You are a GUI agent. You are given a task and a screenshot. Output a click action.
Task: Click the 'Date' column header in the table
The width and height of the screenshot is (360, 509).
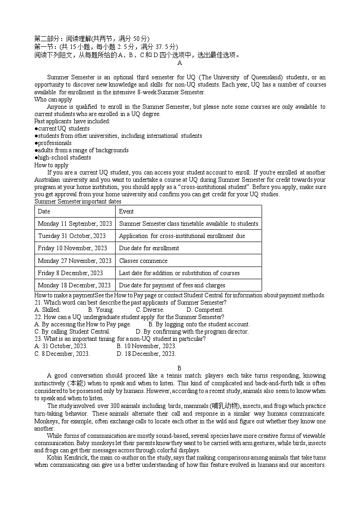click(44, 212)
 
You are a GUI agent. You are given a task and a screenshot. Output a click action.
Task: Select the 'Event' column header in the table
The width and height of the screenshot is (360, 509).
click(126, 212)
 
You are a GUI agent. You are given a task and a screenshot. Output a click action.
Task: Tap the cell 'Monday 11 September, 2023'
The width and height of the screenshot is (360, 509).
click(74, 223)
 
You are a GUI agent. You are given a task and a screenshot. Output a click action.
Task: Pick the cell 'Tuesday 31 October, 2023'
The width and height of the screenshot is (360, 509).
click(72, 236)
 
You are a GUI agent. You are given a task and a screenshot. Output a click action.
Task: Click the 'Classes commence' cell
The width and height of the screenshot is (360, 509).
click(143, 261)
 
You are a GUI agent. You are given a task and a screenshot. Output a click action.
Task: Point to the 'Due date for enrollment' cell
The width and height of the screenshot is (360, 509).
click(149, 248)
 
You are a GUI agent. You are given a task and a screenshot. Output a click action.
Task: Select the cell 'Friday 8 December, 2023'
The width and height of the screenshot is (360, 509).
click(70, 273)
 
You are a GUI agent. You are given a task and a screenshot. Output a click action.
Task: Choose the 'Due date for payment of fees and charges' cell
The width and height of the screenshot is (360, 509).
click(172, 285)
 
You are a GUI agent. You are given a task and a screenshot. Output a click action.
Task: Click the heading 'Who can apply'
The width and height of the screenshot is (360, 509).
click(53, 100)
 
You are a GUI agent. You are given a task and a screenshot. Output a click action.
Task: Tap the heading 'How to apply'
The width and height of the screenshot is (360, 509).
click(51, 165)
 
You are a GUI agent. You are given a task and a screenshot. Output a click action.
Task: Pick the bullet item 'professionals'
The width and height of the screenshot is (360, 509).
click(54, 143)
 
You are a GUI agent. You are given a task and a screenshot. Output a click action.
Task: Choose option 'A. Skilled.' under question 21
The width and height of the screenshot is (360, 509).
click(47, 310)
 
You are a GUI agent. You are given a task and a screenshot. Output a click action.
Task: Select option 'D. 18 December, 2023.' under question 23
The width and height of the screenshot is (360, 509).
click(146, 354)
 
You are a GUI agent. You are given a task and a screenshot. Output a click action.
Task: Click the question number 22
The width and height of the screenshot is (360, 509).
click(38, 317)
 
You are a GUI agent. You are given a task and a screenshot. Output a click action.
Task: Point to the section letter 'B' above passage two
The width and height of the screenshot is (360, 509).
click(180, 368)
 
